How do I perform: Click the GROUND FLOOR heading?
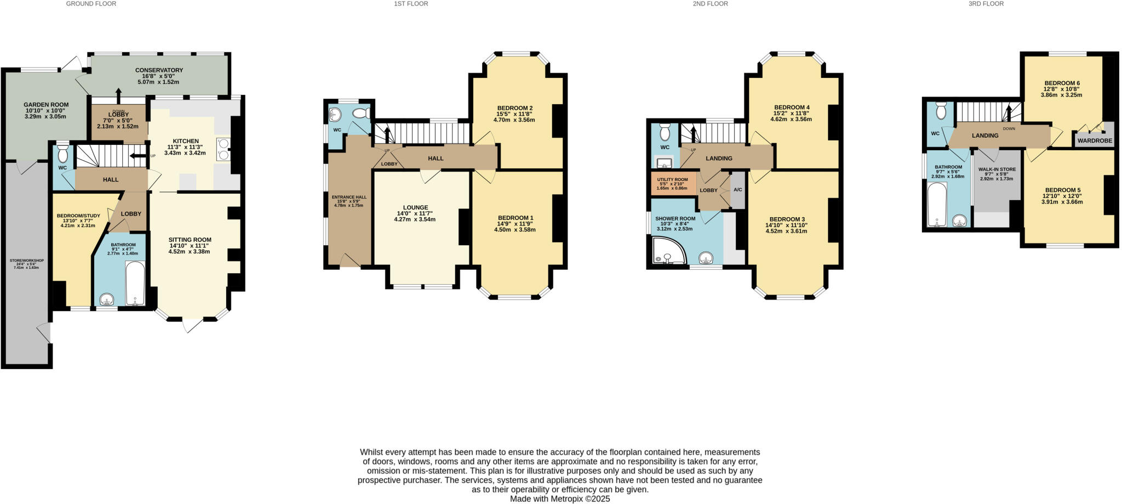point(91,4)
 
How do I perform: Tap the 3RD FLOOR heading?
point(986,4)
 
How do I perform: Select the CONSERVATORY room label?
point(159,70)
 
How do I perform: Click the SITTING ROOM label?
point(190,240)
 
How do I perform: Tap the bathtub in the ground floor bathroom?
point(134,283)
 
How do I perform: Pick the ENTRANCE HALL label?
point(349,197)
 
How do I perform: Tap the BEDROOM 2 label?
point(514,107)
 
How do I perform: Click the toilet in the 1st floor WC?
point(361,114)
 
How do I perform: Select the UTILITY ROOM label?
point(672,179)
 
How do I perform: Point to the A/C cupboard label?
point(737,190)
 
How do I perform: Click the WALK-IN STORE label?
point(997,169)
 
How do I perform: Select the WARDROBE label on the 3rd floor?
point(1095,141)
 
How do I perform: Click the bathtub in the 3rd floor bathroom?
point(936,205)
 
